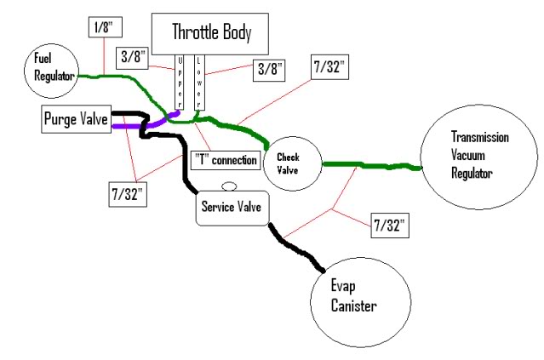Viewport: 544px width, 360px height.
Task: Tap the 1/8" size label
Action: coord(106,26)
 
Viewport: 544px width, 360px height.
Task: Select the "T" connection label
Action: coord(226,160)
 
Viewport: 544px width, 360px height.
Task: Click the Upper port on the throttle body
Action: coord(179,83)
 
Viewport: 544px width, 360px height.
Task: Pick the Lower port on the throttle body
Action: coord(199,83)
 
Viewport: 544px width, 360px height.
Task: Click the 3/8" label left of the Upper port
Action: coord(133,57)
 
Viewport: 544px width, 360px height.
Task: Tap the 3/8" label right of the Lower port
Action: coord(269,71)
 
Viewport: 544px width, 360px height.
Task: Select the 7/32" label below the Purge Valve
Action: coord(128,195)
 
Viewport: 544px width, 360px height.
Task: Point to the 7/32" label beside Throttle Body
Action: coord(329,67)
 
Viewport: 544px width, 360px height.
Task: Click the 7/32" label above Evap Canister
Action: coord(390,226)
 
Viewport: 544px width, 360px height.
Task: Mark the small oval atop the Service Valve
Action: coord(229,186)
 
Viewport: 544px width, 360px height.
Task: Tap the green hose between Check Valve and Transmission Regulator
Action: coord(372,166)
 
